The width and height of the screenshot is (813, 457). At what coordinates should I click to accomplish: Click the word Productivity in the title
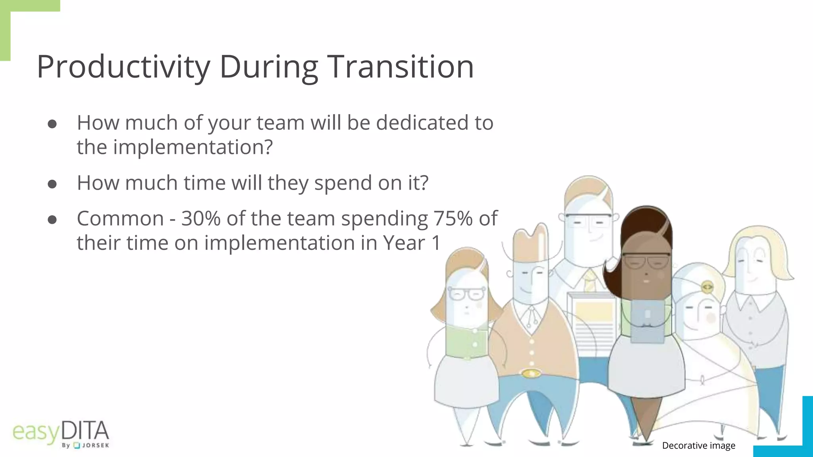coord(123,67)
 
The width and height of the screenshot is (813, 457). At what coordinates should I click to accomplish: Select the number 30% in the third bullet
coord(200,218)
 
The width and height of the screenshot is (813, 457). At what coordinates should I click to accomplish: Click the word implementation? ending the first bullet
coord(193,147)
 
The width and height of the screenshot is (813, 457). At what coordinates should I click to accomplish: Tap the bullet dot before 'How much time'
coord(52,184)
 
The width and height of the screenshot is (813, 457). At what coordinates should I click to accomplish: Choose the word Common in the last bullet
coord(120,218)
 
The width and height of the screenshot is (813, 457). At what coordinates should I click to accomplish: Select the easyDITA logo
coord(61,432)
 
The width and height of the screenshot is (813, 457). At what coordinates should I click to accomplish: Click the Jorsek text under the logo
coord(95,445)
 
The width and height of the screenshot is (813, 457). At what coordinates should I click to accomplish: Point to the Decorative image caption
coord(698,445)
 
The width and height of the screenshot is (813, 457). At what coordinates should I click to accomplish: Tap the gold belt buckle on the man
coord(531,373)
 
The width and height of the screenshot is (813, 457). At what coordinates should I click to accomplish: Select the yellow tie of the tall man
coord(589,280)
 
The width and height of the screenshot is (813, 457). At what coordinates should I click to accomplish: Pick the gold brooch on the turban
coord(707,286)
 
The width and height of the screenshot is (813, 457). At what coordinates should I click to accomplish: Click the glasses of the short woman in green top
coord(466,294)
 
